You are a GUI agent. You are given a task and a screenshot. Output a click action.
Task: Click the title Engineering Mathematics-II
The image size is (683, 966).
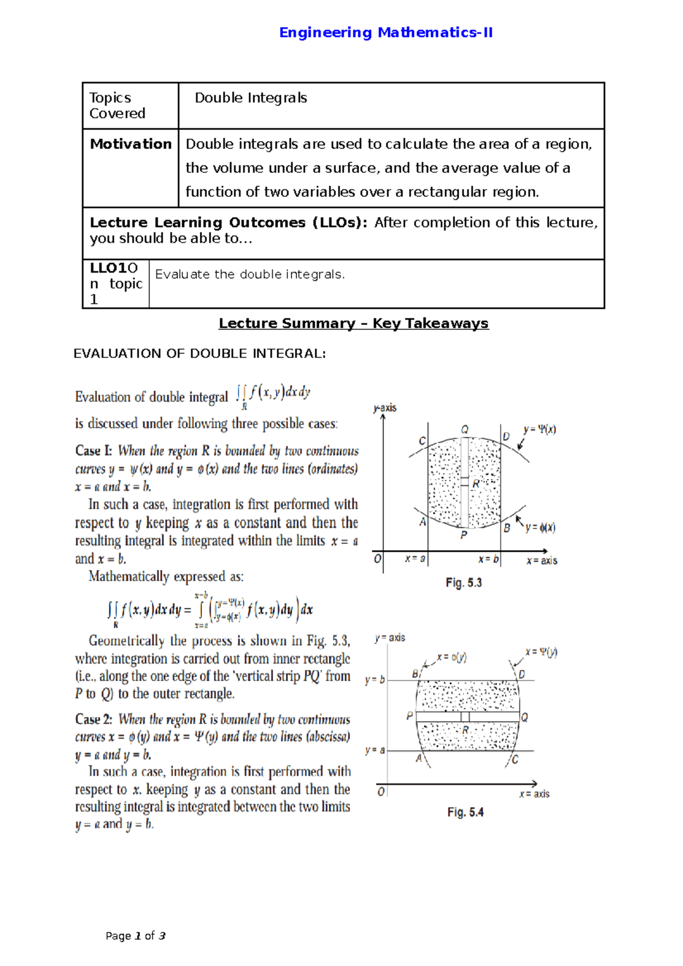pyautogui.click(x=385, y=33)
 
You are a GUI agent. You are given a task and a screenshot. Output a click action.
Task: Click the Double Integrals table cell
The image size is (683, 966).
pyautogui.click(x=251, y=98)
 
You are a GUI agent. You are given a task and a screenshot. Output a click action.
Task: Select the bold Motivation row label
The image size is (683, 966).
pyautogui.click(x=130, y=145)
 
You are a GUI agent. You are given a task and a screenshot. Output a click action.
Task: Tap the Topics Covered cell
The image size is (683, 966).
pyautogui.click(x=117, y=106)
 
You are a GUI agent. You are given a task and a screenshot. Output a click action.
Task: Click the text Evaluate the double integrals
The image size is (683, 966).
pyautogui.click(x=250, y=275)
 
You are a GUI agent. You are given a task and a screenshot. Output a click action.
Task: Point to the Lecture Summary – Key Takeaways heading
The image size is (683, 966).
pyautogui.click(x=353, y=324)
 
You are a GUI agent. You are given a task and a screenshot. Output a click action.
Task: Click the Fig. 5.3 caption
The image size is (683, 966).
pyautogui.click(x=463, y=583)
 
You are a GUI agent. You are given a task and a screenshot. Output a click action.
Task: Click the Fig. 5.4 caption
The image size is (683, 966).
pyautogui.click(x=465, y=812)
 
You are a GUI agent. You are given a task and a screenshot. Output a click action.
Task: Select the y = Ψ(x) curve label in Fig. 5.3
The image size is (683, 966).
pyautogui.click(x=540, y=430)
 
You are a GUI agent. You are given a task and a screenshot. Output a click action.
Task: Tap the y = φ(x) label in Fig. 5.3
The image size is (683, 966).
pyautogui.click(x=540, y=528)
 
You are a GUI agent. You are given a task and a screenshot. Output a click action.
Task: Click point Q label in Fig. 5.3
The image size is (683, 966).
pyautogui.click(x=464, y=430)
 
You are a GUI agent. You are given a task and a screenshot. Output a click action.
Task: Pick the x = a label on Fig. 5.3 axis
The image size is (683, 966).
pyautogui.click(x=415, y=559)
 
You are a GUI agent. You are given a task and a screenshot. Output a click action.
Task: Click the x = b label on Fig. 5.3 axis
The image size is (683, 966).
pyautogui.click(x=488, y=560)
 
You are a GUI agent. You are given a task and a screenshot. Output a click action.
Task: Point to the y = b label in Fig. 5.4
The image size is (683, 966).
pyautogui.click(x=375, y=680)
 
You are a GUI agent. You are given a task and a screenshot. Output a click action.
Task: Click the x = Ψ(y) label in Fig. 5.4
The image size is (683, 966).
pyautogui.click(x=541, y=652)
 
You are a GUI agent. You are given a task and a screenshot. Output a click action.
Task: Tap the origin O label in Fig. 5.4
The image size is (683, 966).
pyautogui.click(x=381, y=792)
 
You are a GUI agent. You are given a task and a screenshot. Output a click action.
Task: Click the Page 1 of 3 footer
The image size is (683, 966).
pyautogui.click(x=135, y=936)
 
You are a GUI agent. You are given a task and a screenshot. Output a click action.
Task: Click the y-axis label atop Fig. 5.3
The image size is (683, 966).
pyautogui.click(x=385, y=408)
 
